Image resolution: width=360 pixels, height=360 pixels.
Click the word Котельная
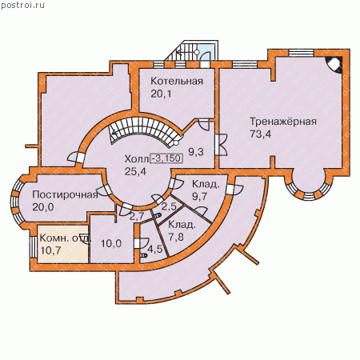(x=177, y=81)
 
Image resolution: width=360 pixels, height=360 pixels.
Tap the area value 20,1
(x=161, y=94)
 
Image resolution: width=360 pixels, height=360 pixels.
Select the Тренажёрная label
(x=283, y=122)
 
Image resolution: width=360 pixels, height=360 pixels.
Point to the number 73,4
(x=260, y=134)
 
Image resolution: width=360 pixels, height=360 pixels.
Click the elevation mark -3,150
(x=166, y=158)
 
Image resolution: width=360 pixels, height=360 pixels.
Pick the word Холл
(x=136, y=159)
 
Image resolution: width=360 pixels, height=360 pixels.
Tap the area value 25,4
(x=135, y=171)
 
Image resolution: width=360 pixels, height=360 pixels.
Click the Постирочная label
(x=65, y=194)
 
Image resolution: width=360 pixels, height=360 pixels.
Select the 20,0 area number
(x=43, y=207)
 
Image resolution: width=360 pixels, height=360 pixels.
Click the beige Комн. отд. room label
(x=66, y=238)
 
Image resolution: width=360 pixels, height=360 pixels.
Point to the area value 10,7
(x=50, y=250)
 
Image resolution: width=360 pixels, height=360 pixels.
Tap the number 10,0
(x=111, y=243)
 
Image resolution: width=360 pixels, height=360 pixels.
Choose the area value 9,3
(x=196, y=152)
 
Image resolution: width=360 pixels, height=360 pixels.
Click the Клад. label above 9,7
(x=206, y=184)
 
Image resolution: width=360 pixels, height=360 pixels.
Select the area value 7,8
(x=176, y=237)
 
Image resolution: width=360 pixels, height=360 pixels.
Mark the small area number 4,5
(x=154, y=249)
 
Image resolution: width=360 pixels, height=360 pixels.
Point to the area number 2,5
(x=169, y=206)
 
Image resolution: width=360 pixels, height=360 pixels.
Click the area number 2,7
(x=137, y=216)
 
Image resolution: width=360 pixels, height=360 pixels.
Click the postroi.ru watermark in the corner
(x=22, y=5)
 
